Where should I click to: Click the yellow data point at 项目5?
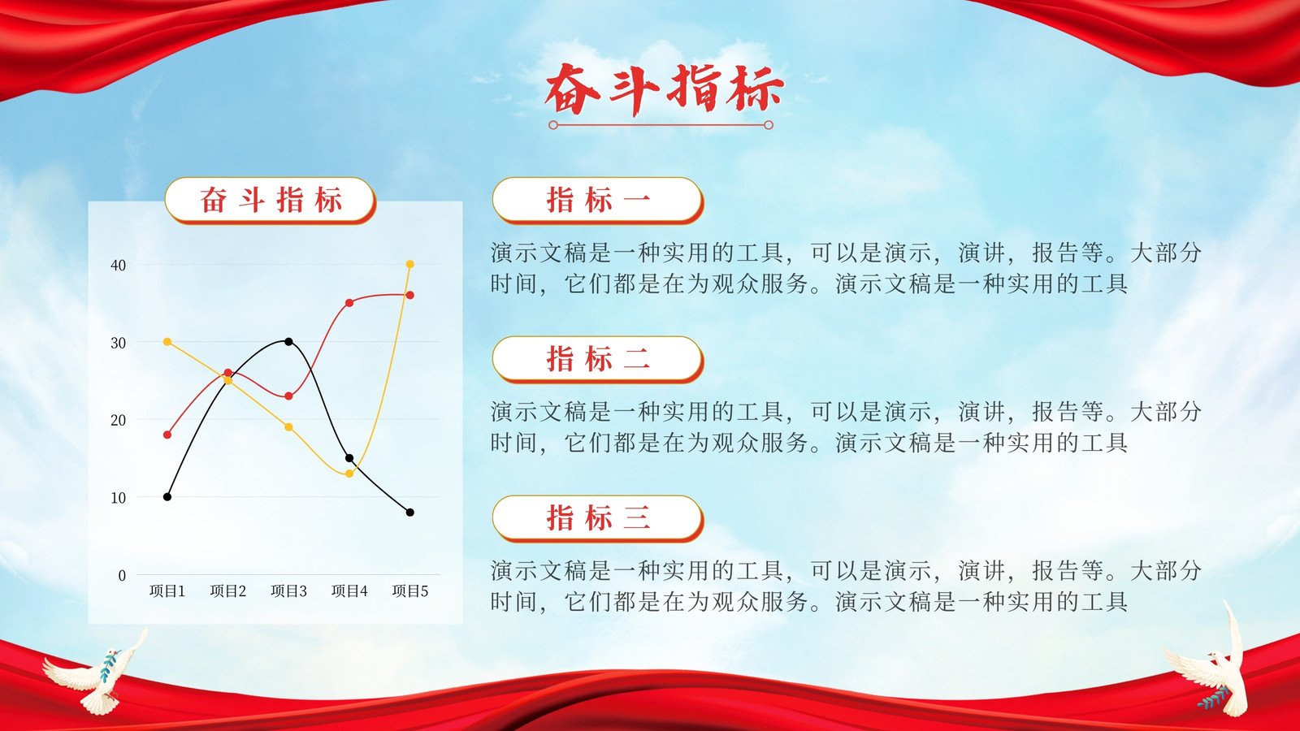pos(409,265)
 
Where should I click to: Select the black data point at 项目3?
pos(288,342)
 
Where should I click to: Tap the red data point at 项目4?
pos(349,303)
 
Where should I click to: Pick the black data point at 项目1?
pos(167,496)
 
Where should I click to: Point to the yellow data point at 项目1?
pos(167,342)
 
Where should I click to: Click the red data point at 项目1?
pos(167,435)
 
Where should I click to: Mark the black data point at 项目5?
pos(409,513)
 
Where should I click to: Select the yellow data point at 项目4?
pos(349,474)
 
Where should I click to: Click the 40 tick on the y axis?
pos(118,266)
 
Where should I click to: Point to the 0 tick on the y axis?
pos(122,576)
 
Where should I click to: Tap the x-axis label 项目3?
pos(288,591)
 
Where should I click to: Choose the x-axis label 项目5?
pos(409,591)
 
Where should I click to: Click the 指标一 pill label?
pos(598,200)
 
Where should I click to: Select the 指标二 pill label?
pos(598,359)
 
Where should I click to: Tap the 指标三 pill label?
pos(598,518)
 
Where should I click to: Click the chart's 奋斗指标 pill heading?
pos(271,200)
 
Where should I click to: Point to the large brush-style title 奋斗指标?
pos(664,89)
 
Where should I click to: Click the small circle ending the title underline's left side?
pos(553,125)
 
